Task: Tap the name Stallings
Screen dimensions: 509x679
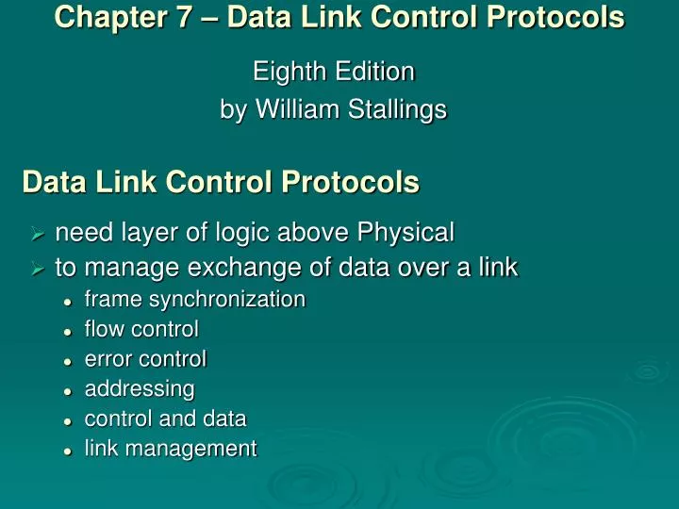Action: [398, 110]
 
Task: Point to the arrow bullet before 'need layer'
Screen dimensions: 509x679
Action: [38, 233]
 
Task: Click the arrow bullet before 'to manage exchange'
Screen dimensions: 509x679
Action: [38, 270]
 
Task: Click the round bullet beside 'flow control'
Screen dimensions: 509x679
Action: [68, 331]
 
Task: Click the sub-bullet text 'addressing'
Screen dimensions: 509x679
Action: [140, 389]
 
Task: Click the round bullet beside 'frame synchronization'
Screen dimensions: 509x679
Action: [68, 301]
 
